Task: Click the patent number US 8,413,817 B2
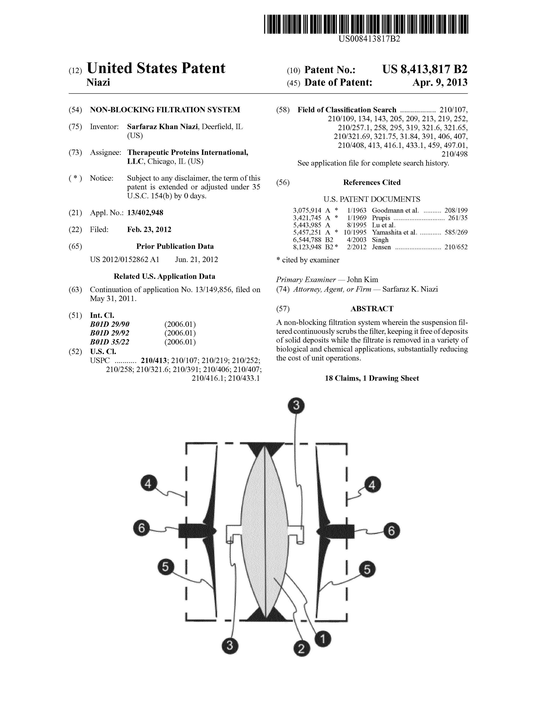point(425,69)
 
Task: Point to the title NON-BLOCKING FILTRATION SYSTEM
point(165,110)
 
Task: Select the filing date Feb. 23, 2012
point(149,229)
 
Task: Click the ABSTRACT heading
point(372,309)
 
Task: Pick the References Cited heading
point(372,183)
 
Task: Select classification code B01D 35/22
point(110,342)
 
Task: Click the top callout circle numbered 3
point(296,406)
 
